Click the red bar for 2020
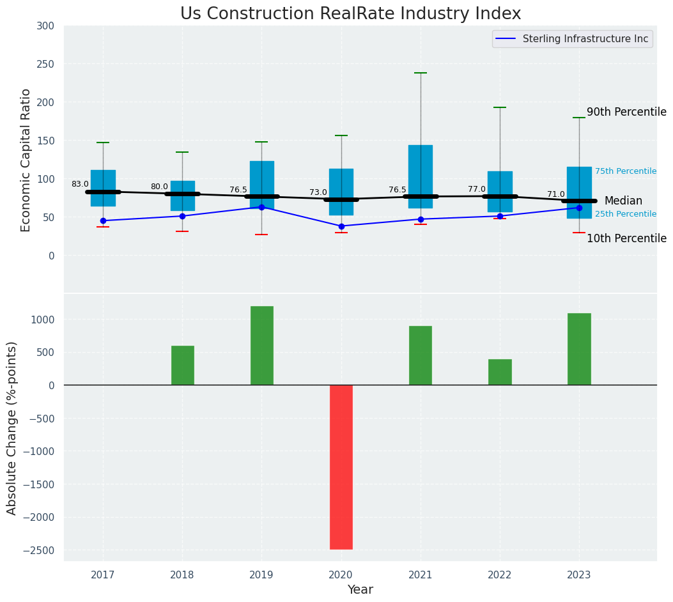pyautogui.click(x=341, y=467)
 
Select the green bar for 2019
pyautogui.click(x=262, y=346)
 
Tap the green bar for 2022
pyautogui.click(x=500, y=372)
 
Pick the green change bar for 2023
pyautogui.click(x=579, y=349)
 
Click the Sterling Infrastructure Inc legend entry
pyautogui.click(x=585, y=39)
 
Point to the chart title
pyautogui.click(x=350, y=14)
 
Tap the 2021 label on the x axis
pyautogui.click(x=421, y=575)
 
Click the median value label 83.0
pyautogui.click(x=80, y=184)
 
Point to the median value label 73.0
pyautogui.click(x=318, y=192)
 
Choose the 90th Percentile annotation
pyautogui.click(x=626, y=112)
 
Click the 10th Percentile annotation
pyautogui.click(x=626, y=238)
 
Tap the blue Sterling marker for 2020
pyautogui.click(x=341, y=226)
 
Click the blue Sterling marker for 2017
pyautogui.click(x=103, y=220)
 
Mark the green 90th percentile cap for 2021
pyautogui.click(x=421, y=73)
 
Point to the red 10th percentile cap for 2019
pyautogui.click(x=261, y=235)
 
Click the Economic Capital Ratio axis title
pyautogui.click(x=26, y=160)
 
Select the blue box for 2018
pyautogui.click(x=182, y=196)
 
